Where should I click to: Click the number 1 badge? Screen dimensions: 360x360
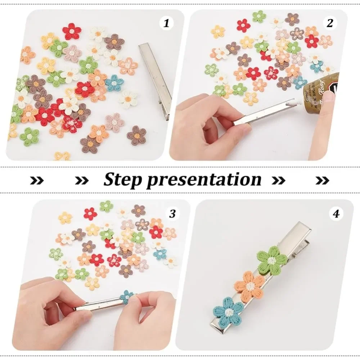pos(166,24)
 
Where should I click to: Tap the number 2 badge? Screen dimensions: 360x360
pos(329,23)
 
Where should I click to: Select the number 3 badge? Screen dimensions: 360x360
pos(172,213)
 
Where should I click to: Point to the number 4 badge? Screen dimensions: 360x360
pos(336,214)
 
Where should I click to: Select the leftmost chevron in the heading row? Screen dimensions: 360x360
pos(37,180)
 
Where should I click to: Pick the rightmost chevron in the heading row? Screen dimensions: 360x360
pos(322,180)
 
